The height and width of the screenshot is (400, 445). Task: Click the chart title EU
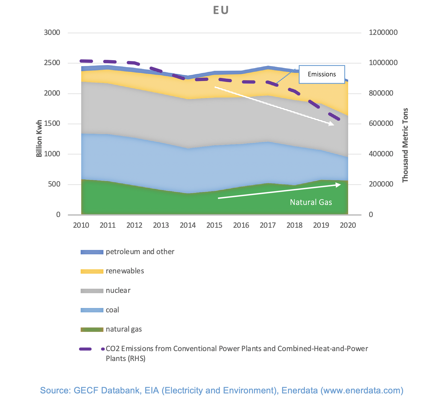pos(221,10)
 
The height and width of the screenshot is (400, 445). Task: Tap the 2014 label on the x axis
pos(188,226)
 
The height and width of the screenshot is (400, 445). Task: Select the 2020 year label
pos(348,226)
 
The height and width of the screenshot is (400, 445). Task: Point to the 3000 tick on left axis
pos(52,33)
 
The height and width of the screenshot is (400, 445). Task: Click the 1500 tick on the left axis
pos(52,124)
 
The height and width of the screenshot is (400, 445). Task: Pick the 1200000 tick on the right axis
pos(383,33)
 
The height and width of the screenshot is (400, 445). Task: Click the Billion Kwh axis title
pos(39,138)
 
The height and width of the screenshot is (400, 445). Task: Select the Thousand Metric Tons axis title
pos(405,145)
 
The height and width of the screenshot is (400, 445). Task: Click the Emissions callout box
pos(322,74)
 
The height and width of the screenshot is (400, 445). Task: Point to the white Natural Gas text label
pos(311,202)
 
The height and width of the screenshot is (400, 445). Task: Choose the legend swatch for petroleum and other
pos(92,252)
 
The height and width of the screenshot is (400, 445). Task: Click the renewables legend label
pos(125,271)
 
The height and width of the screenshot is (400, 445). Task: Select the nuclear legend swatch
pos(92,291)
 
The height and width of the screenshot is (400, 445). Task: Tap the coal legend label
pos(112,310)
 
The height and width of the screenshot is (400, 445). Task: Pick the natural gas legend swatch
pos(92,329)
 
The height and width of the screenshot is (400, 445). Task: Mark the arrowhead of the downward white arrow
pos(332,124)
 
